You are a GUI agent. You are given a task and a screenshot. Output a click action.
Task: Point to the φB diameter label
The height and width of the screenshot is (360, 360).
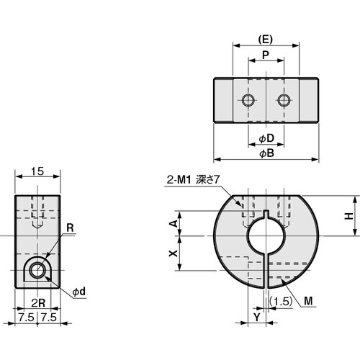(266, 153)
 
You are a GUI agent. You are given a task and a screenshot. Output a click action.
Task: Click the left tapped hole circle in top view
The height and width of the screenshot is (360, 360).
(248, 99)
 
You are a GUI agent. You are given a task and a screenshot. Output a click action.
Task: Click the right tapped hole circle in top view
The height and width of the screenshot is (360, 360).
(284, 99)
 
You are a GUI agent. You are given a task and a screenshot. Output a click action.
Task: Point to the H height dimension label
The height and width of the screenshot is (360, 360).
(348, 215)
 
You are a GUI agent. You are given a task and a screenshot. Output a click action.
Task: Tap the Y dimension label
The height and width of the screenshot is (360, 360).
(258, 317)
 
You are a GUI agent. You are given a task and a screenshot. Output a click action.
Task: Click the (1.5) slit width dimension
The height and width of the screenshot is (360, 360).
(283, 301)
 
